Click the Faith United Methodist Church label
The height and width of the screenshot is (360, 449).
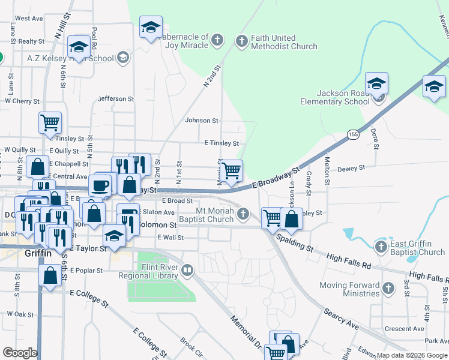point(284,42)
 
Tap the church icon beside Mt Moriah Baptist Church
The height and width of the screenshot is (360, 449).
point(243,213)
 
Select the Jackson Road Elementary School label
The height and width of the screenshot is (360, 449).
point(336,97)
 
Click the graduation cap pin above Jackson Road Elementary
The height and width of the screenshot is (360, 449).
point(376,83)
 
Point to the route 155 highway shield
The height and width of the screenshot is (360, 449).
point(353,136)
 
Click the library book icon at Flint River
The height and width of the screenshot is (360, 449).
point(188,271)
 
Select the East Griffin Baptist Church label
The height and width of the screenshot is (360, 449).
point(418,248)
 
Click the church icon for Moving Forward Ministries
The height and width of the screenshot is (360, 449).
point(388,289)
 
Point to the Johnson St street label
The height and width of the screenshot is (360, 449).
point(201,121)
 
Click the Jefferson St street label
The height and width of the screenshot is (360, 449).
point(115,98)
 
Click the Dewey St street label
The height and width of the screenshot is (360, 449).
point(348,170)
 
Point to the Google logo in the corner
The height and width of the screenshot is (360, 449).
point(20,353)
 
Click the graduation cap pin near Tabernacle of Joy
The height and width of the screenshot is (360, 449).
point(151,27)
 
